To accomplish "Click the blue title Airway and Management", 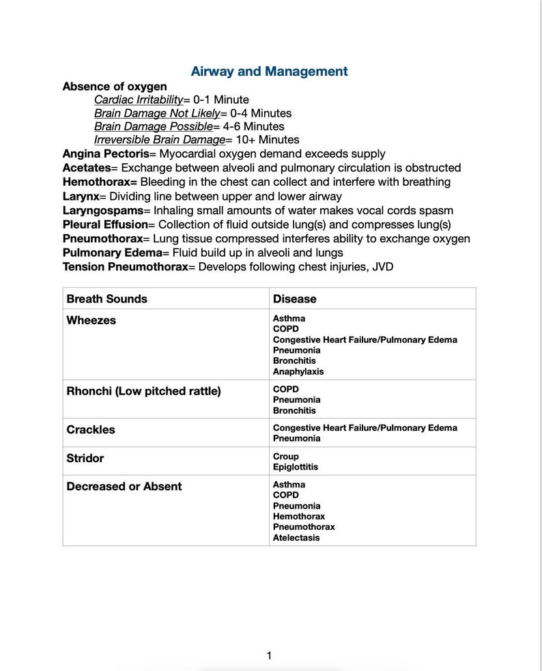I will pyautogui.click(x=269, y=72).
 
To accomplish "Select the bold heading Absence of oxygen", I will pyautogui.click(x=115, y=87).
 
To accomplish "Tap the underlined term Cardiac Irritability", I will pyautogui.click(x=139, y=100).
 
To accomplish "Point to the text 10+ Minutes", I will pyautogui.click(x=268, y=140).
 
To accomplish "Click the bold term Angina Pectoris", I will pyautogui.click(x=106, y=154).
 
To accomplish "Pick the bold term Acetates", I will pyautogui.click(x=87, y=168).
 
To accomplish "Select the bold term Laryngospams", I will pyautogui.click(x=103, y=210).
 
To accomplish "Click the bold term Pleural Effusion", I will pyautogui.click(x=105, y=225).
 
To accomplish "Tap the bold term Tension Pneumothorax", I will pyautogui.click(x=125, y=267).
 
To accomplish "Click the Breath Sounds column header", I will pyautogui.click(x=106, y=299).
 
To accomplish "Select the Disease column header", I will pyautogui.click(x=294, y=299).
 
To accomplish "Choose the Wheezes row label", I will pyautogui.click(x=91, y=320).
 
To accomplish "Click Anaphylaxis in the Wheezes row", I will pyautogui.click(x=298, y=371).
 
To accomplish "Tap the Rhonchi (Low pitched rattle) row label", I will pyautogui.click(x=143, y=391).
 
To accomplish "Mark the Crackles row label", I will pyautogui.click(x=91, y=429).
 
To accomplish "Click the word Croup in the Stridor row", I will pyautogui.click(x=285, y=456).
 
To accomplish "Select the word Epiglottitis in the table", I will pyautogui.click(x=295, y=467).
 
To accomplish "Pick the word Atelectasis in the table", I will pyautogui.click(x=296, y=537).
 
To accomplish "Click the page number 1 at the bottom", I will pyautogui.click(x=269, y=656).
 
